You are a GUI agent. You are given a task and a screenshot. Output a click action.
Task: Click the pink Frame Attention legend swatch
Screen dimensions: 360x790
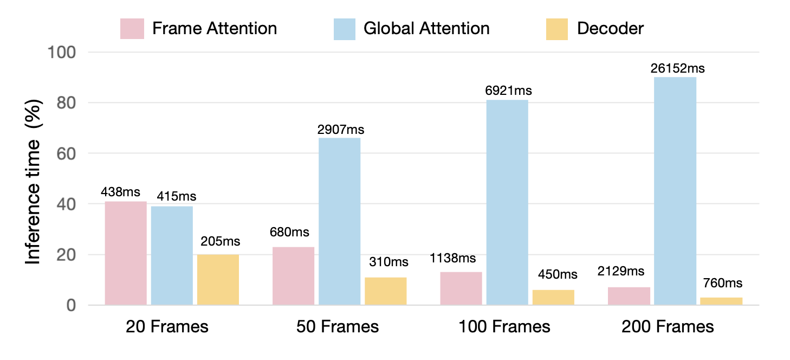click(132, 29)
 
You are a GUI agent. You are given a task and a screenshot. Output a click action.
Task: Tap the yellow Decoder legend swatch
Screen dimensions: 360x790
click(556, 29)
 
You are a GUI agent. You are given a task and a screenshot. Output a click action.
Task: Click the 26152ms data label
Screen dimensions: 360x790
click(676, 69)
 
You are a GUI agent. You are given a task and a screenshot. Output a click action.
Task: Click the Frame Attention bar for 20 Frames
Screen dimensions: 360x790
click(126, 253)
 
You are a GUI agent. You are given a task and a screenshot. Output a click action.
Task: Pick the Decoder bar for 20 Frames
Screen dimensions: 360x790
click(218, 280)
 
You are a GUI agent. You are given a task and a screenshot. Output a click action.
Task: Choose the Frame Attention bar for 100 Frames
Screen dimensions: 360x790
click(461, 288)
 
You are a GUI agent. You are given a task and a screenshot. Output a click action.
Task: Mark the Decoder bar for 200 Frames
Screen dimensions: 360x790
click(721, 301)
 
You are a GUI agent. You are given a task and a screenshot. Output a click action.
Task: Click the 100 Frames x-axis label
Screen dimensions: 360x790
click(504, 327)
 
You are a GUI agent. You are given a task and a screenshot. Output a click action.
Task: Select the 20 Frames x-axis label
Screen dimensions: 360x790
click(167, 327)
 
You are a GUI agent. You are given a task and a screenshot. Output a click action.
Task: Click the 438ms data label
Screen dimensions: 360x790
click(120, 192)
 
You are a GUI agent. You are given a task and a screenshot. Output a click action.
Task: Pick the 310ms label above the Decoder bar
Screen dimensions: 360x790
click(388, 262)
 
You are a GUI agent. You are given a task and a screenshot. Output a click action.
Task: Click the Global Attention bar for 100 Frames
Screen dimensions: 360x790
click(507, 202)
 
